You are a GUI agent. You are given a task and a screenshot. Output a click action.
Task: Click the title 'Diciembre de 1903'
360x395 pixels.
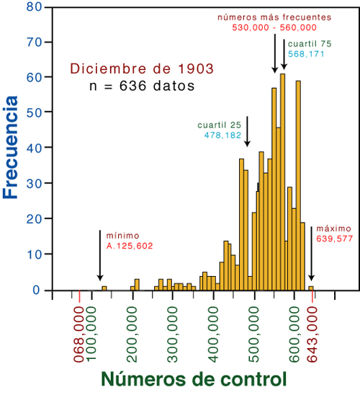coord(142,68)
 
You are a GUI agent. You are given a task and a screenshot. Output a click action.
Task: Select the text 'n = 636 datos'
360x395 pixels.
coord(142,86)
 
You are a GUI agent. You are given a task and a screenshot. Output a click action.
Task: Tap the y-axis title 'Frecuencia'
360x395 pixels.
coord(11,147)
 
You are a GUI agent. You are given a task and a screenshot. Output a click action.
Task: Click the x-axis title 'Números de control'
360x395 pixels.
coord(194,378)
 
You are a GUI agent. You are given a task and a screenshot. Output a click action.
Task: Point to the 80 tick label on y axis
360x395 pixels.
coord(35,6)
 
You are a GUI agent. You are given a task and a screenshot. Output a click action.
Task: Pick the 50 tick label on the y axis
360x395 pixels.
coord(35,112)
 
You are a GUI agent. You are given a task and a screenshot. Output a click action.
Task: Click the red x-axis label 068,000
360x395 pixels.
coord(79,334)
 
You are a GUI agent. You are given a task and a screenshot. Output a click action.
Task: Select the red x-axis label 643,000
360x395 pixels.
coord(312,334)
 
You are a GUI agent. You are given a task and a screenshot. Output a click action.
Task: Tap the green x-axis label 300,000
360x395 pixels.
coord(173,334)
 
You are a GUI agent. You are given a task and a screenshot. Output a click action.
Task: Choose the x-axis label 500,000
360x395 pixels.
coord(254,334)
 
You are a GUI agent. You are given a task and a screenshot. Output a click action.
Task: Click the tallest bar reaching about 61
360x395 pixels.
coord(283,182)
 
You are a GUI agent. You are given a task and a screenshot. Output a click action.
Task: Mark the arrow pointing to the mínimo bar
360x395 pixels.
coord(100,255)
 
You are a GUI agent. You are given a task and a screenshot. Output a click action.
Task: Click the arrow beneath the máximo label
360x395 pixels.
coord(311,254)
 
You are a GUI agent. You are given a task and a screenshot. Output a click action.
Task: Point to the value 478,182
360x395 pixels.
coord(222,136)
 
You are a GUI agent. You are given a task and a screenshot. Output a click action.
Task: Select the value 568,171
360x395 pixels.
coord(306,54)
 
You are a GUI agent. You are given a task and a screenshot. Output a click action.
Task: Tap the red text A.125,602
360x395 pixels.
coord(130,246)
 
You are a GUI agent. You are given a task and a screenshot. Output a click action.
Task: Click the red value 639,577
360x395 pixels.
coord(334,239)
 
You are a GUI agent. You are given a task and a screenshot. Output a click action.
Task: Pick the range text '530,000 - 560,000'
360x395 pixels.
coord(274,27)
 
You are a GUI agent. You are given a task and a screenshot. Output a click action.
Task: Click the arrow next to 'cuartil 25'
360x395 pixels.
coord(247,131)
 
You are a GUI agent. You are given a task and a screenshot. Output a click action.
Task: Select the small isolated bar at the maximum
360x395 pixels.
coord(311,288)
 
